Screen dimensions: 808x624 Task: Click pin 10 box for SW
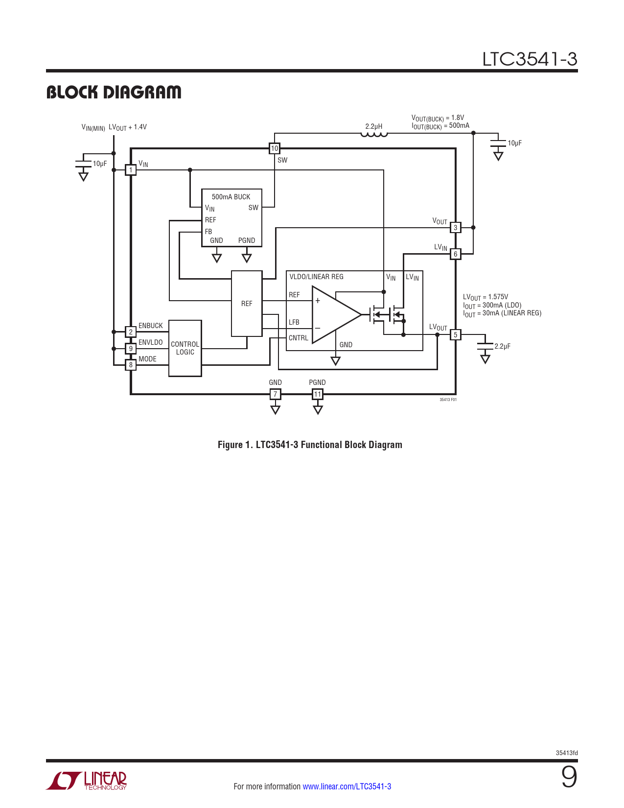(275, 148)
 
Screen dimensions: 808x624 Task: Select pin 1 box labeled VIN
(131, 170)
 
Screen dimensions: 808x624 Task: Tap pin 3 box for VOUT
(456, 228)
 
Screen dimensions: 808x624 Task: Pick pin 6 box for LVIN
(456, 254)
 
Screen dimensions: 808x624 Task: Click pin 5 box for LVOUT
(456, 335)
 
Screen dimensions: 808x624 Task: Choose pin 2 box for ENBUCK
(131, 332)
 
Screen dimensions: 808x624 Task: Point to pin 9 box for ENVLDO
(131, 349)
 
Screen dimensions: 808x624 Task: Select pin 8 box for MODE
(131, 365)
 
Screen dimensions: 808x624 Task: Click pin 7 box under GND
(276, 394)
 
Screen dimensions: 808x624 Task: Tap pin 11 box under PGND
(318, 394)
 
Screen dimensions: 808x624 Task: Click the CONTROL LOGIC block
(185, 348)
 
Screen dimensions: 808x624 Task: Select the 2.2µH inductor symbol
(374, 135)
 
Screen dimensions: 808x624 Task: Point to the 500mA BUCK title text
(231, 197)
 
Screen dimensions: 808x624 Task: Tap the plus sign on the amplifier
(318, 301)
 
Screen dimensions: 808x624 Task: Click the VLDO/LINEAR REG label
(316, 277)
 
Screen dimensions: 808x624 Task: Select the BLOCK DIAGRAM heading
(114, 92)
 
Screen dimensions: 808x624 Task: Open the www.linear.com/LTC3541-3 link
(347, 786)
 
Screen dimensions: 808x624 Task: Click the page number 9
(569, 777)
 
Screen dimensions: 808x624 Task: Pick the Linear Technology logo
(87, 781)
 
